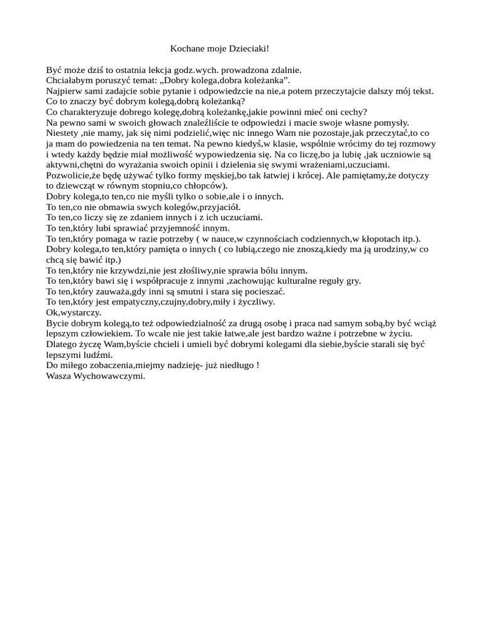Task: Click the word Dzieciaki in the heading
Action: pos(247,48)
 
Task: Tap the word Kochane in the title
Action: pos(187,48)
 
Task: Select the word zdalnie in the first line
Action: pos(286,70)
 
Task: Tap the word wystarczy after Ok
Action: pos(81,313)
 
